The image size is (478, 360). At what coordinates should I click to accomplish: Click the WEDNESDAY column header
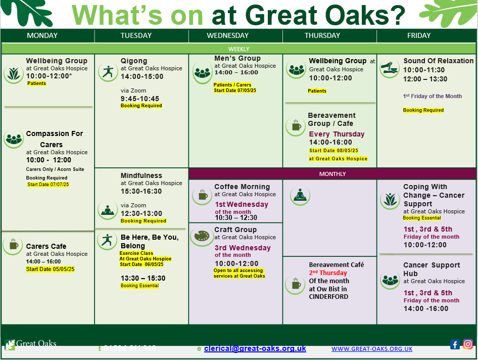point(228,35)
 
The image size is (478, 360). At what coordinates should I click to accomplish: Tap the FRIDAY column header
point(419,35)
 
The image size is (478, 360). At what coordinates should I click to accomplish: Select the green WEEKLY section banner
point(238,49)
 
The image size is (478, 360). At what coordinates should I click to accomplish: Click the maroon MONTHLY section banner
point(332,174)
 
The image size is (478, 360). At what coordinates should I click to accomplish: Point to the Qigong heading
point(134,61)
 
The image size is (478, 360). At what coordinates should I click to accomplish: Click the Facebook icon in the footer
point(455,344)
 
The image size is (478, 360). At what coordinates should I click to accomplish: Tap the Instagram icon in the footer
point(468,344)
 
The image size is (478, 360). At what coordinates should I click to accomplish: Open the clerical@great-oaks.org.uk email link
point(255,348)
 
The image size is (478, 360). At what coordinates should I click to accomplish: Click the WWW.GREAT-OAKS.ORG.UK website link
point(372,349)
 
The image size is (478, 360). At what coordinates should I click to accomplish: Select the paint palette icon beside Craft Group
point(202,236)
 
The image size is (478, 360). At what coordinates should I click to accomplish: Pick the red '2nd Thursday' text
point(328,273)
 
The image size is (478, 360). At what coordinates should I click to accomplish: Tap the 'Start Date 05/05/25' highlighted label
point(51,269)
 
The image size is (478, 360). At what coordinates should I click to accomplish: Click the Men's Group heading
point(237,58)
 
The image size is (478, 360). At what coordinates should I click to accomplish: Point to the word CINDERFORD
point(328,296)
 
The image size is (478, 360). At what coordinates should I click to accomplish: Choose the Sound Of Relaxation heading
point(439,61)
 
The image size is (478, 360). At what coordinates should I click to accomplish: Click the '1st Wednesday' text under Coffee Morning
point(242,204)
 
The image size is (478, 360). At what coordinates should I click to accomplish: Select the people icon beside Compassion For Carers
point(14,139)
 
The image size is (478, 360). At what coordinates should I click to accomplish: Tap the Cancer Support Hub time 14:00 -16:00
point(425,308)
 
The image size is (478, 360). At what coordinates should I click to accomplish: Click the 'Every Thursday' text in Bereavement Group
point(337,134)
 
